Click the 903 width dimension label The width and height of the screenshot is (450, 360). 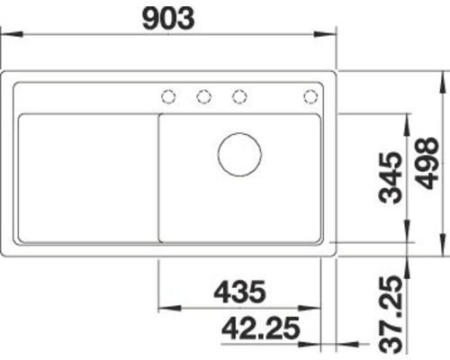coord(168,19)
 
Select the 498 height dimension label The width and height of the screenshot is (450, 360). coord(427,163)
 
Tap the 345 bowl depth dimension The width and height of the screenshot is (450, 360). coord(390,177)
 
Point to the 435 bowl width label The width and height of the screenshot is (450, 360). coord(239,292)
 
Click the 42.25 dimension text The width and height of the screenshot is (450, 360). coord(261,328)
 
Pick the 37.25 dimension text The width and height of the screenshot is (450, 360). coord(391,314)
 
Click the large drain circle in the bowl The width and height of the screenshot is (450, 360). coord(239,155)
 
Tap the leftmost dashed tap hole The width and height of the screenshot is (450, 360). coord(168,97)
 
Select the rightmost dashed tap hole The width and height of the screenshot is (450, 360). coord(310,97)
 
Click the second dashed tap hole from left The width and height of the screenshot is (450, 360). coord(204,97)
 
